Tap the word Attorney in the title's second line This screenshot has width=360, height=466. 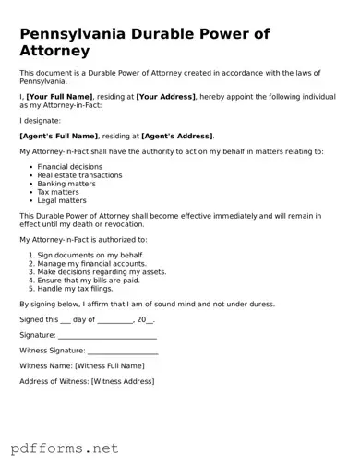coord(54,51)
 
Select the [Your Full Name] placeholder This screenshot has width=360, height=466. coord(59,97)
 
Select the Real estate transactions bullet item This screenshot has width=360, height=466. coord(79,175)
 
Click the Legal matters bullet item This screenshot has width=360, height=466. coord(62,200)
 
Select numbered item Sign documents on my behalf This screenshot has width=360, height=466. coord(91,253)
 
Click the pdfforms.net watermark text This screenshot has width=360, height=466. coord(66,448)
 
